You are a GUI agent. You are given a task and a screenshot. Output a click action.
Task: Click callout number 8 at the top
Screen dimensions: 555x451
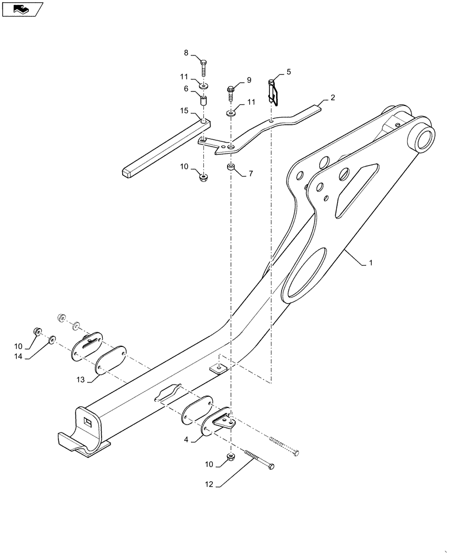(x=186, y=53)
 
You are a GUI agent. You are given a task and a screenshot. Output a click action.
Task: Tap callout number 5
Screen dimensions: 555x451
(x=288, y=72)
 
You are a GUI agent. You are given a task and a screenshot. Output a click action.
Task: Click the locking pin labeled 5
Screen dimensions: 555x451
(x=272, y=90)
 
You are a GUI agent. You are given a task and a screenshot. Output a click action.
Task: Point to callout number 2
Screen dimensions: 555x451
(x=332, y=98)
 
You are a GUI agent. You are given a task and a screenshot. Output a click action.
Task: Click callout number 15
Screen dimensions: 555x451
(x=184, y=112)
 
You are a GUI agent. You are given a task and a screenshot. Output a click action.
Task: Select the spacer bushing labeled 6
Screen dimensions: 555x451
(x=203, y=103)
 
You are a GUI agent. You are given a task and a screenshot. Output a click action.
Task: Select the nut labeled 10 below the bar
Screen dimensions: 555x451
(x=203, y=178)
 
